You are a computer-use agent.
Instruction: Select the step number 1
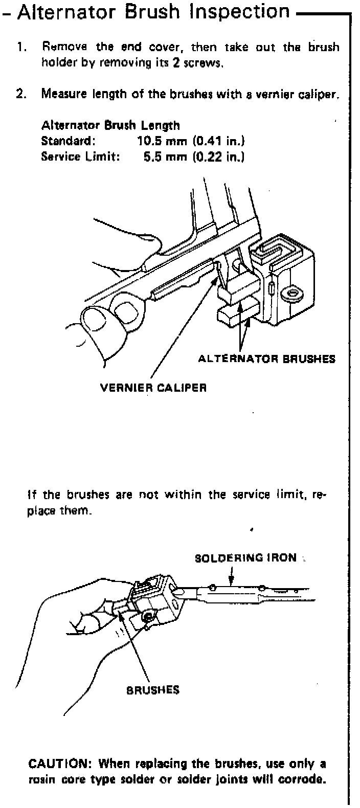[x=21, y=48]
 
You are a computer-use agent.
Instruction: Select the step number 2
[x=21, y=94]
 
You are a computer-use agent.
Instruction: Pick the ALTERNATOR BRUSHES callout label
[x=266, y=358]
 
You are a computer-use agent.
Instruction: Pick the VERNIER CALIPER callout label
[x=153, y=387]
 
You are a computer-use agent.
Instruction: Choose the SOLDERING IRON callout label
[x=245, y=557]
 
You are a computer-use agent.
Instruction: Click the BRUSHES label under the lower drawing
[x=153, y=690]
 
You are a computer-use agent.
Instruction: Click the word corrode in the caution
[x=303, y=780]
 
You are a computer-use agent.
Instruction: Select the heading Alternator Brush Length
[x=110, y=125]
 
